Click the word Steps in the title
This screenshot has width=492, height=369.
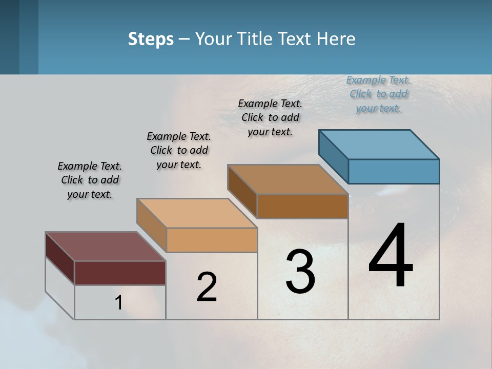[151, 39]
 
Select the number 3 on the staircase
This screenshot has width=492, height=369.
[300, 272]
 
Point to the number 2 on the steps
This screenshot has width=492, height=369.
[207, 287]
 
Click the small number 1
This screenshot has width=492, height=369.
[118, 302]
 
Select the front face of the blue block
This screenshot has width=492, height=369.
[394, 171]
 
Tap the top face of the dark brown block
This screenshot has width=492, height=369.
[288, 179]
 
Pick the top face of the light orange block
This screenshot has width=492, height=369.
[197, 213]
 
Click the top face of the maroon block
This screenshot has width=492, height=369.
[106, 247]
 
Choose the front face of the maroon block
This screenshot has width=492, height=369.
[120, 273]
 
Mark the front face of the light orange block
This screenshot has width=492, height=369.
[212, 240]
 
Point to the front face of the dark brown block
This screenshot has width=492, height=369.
[302, 206]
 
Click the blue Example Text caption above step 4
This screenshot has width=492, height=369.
[378, 94]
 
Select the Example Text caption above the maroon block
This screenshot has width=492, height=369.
[90, 180]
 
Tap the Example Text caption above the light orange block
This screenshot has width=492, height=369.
[179, 150]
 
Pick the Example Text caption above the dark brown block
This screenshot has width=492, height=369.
[270, 117]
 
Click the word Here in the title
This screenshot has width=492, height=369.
[336, 39]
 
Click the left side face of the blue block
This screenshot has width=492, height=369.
[333, 156]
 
